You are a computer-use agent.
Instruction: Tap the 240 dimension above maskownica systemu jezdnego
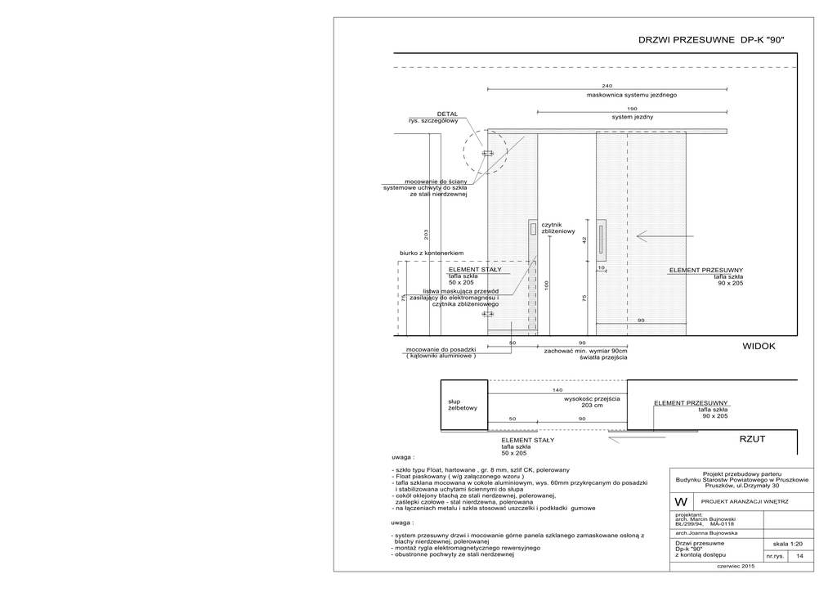[606, 86]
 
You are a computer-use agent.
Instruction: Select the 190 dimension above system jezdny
[632, 109]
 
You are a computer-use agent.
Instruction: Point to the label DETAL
[447, 114]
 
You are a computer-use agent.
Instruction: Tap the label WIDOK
[759, 347]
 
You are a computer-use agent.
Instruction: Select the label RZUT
[752, 439]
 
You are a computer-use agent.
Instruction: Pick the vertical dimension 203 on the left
[427, 235]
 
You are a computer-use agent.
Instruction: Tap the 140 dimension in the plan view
[557, 391]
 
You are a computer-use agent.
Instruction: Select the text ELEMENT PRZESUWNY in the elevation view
[705, 270]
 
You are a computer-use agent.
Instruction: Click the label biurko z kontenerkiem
[432, 253]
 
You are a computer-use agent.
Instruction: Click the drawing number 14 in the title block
[799, 556]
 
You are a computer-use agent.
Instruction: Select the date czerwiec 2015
[736, 567]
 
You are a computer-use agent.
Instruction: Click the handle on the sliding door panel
[600, 236]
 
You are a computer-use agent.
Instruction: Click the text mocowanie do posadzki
[442, 349]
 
